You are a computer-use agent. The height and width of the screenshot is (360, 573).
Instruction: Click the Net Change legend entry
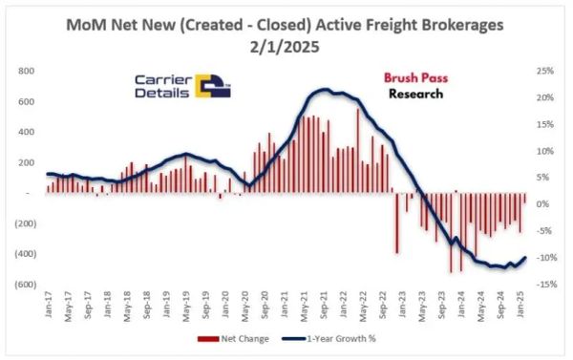click(247, 339)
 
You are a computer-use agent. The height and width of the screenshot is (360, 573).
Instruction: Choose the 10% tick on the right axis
click(544, 151)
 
